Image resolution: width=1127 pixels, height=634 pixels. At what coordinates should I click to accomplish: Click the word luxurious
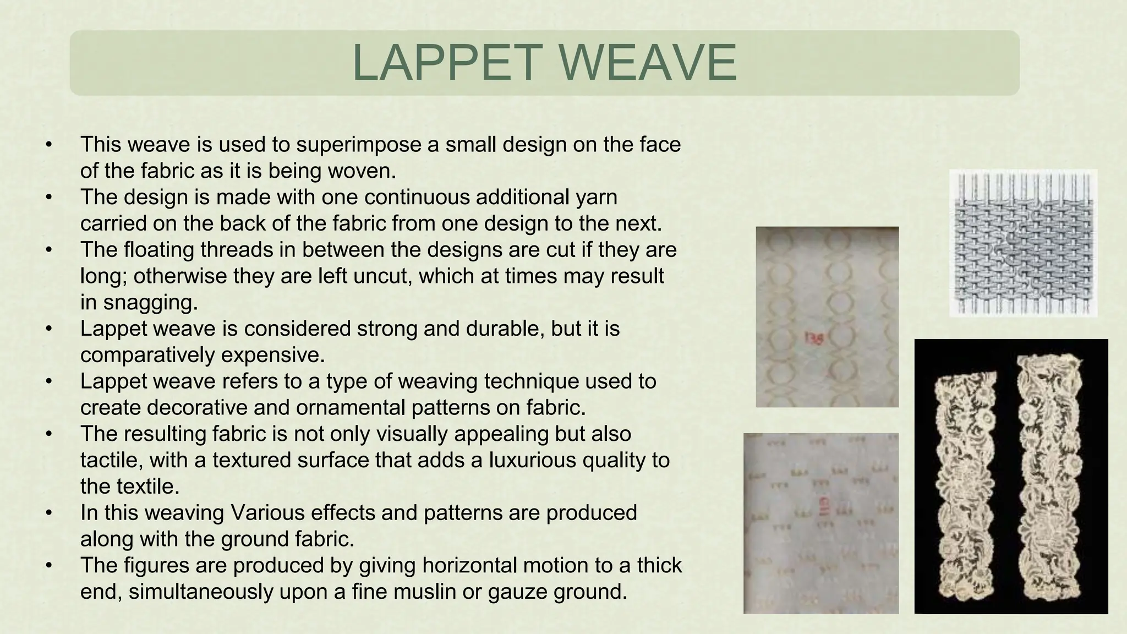click(x=532, y=460)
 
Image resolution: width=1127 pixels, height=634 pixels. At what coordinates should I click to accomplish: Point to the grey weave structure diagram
click(x=1023, y=243)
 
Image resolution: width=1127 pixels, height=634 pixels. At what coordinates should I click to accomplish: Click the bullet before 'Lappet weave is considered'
click(x=49, y=329)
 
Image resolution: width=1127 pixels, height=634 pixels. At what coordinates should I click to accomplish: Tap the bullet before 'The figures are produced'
click(x=49, y=565)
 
